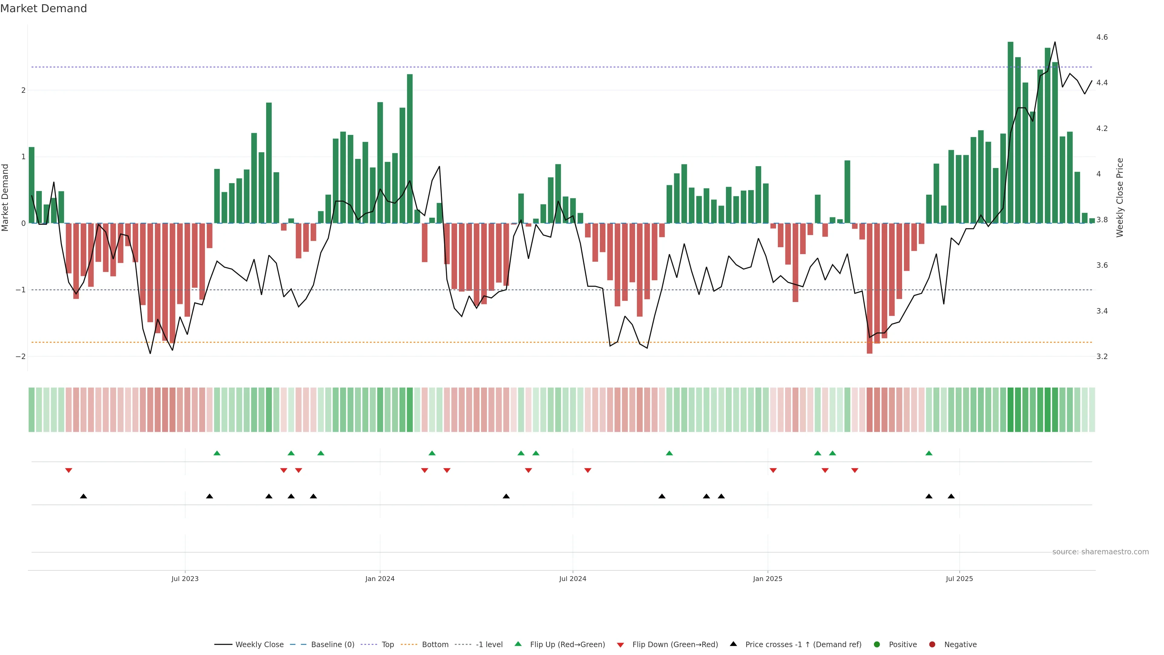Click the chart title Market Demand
[43, 8]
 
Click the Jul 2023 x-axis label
[185, 579]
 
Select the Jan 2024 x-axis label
[380, 579]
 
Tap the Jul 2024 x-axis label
[573, 579]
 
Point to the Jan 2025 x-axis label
[767, 579]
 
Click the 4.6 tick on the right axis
[1102, 37]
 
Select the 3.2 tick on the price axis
[1102, 357]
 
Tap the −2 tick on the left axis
[20, 357]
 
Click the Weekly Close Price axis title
[1120, 197]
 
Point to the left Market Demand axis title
[5, 197]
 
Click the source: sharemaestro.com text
[1100, 552]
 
